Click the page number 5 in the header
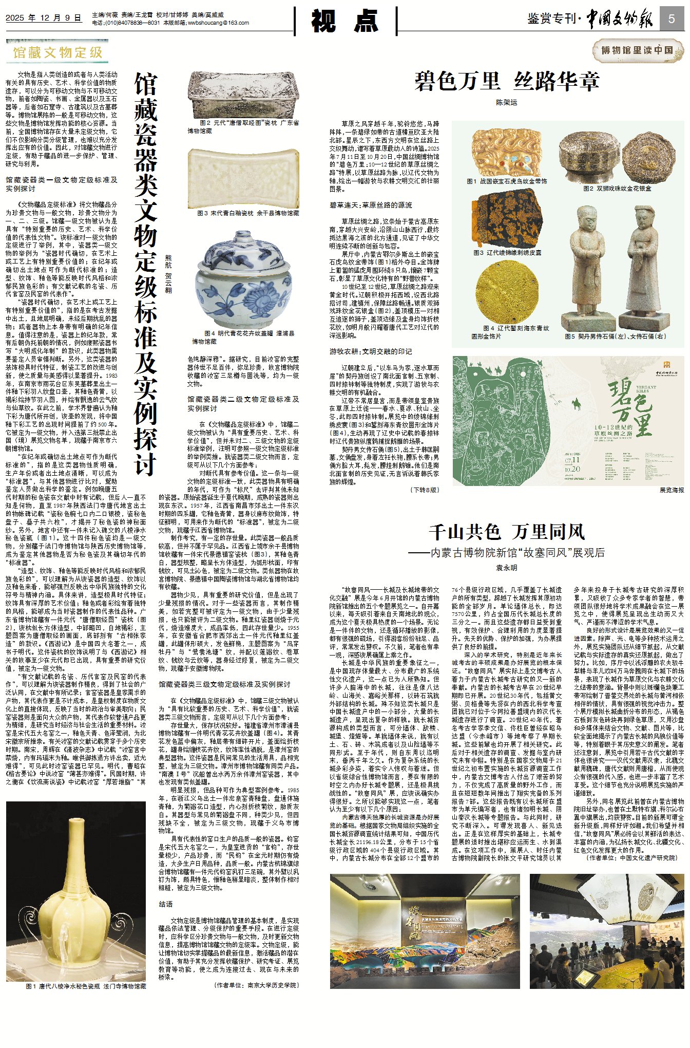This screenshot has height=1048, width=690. [672, 20]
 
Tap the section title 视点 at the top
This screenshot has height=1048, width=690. [346, 22]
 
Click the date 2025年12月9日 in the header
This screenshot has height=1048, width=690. [44, 18]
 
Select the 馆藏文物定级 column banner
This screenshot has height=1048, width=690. [57, 52]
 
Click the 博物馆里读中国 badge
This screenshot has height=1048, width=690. [637, 50]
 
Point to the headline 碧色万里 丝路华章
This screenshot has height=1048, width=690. [507, 82]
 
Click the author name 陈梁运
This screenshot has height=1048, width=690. [506, 103]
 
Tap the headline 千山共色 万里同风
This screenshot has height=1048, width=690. [507, 532]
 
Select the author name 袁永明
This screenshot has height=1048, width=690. [506, 568]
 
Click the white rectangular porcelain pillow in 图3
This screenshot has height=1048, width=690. [243, 178]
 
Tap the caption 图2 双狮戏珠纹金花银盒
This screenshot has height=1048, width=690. [617, 189]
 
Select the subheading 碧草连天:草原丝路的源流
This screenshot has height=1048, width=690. [371, 205]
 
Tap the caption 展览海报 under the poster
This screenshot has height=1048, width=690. [672, 490]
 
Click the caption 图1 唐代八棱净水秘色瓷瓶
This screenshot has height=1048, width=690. [86, 986]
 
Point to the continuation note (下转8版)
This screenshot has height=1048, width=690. [424, 490]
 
